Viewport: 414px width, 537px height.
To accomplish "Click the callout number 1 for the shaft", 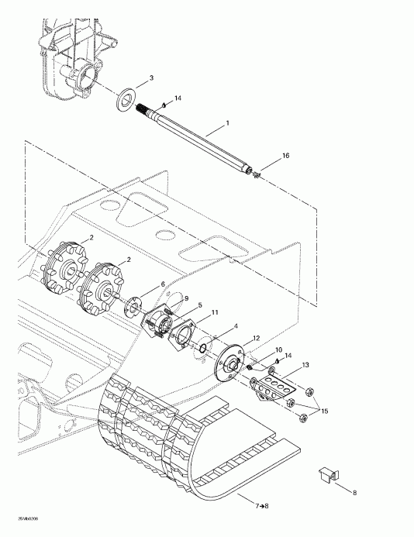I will pos(226,123).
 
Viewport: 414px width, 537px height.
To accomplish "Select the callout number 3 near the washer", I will pos(151,78).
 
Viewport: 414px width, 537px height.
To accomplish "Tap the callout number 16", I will pos(285,156).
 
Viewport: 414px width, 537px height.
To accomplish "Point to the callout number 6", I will pos(163,284).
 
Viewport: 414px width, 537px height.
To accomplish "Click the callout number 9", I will pos(186,298).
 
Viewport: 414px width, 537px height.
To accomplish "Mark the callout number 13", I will pos(305,364).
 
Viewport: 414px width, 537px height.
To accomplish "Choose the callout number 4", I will pos(236,326).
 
